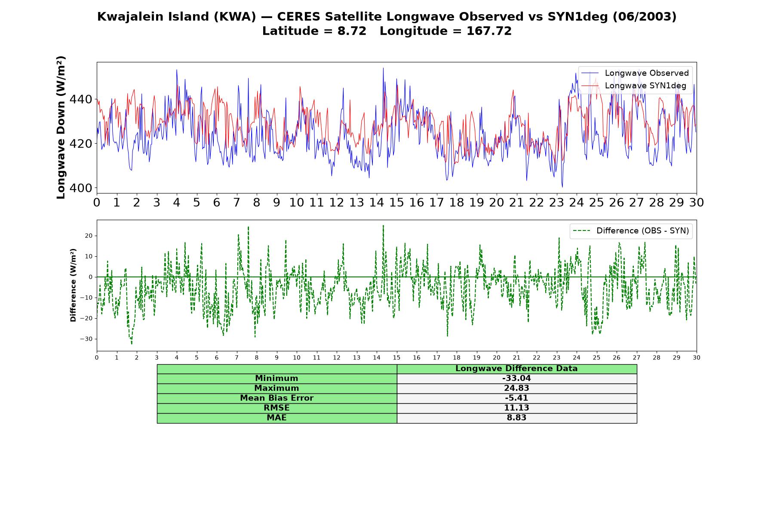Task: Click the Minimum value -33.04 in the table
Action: [516, 378]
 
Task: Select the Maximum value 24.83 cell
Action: [516, 388]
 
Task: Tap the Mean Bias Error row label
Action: [276, 398]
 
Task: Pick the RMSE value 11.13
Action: [516, 408]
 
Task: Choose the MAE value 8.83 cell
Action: [516, 418]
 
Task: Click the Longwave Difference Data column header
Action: [516, 369]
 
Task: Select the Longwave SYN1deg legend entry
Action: [634, 86]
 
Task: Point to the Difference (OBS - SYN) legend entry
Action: [631, 231]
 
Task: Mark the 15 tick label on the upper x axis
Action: [396, 203]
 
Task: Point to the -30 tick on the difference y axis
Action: [86, 339]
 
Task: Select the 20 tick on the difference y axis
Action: [89, 236]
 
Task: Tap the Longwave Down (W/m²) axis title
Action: [61, 127]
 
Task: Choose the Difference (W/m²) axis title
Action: [73, 285]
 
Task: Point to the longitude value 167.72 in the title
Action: [489, 31]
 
